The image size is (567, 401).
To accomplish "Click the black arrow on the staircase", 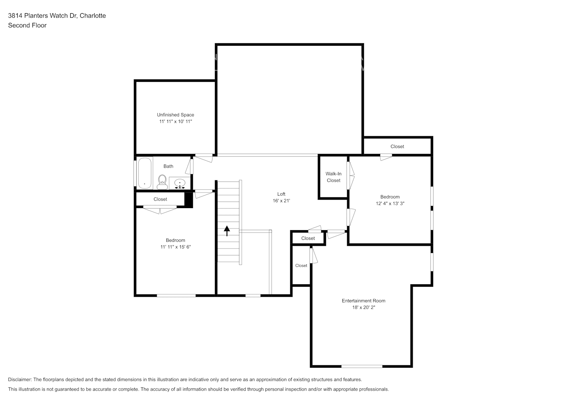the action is click(227, 231).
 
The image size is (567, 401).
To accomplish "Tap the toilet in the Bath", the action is click(162, 182).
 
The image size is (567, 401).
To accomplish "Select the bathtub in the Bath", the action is click(144, 173).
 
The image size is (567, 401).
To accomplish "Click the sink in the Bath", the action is click(180, 183).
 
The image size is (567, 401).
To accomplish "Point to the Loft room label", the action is click(281, 194).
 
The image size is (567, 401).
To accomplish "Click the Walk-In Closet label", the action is click(333, 177).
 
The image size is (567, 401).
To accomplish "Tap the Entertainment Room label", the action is click(363, 301).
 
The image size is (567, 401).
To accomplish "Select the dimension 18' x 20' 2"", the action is click(363, 307).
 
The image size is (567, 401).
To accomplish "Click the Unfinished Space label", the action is click(175, 115).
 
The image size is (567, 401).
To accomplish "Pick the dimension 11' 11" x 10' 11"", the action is click(175, 122).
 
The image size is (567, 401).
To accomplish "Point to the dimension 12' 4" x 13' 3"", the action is click(390, 204).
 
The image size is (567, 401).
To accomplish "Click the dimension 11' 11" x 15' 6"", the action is click(175, 247).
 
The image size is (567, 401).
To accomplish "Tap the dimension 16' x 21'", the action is click(281, 201).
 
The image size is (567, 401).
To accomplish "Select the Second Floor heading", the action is click(27, 25).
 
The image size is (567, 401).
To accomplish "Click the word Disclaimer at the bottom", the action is click(20, 379).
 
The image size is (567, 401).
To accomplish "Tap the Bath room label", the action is click(168, 166).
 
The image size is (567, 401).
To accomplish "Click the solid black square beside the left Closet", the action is click(188, 200).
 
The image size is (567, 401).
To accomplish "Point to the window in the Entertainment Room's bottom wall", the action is click(362, 367).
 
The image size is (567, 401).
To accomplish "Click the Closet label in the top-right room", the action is click(397, 147).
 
